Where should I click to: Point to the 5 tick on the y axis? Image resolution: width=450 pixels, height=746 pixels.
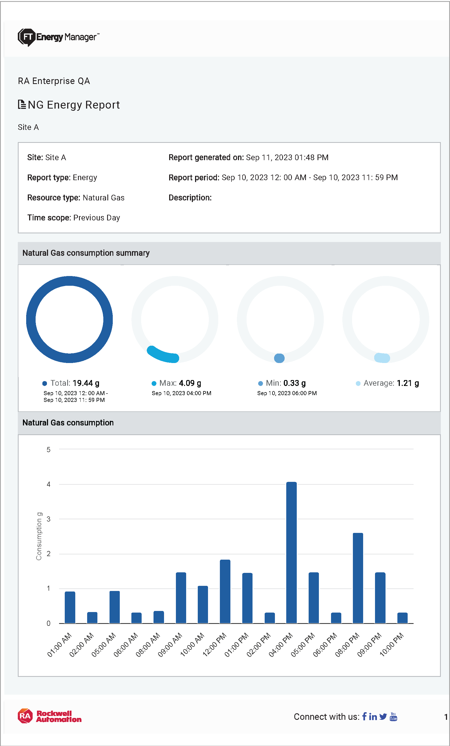(x=48, y=450)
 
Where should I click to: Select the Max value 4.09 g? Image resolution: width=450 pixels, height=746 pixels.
(x=190, y=383)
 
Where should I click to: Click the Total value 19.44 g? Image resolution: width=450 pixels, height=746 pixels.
(x=86, y=383)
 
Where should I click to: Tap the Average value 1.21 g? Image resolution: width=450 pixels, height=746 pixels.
(x=408, y=383)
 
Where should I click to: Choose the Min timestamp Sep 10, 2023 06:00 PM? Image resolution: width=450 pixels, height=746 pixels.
(x=287, y=393)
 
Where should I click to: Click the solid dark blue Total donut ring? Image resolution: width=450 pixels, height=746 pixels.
(x=31, y=320)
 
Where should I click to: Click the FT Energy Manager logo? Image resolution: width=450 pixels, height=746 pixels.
(x=58, y=37)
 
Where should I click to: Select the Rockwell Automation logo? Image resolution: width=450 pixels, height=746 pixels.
(x=50, y=716)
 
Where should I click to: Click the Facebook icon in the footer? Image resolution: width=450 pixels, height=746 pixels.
(x=364, y=716)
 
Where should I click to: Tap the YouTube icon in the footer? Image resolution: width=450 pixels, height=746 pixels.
(x=393, y=716)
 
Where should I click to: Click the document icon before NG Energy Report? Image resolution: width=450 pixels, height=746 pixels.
(x=22, y=105)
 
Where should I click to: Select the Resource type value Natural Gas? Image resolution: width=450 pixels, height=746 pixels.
(x=103, y=198)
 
